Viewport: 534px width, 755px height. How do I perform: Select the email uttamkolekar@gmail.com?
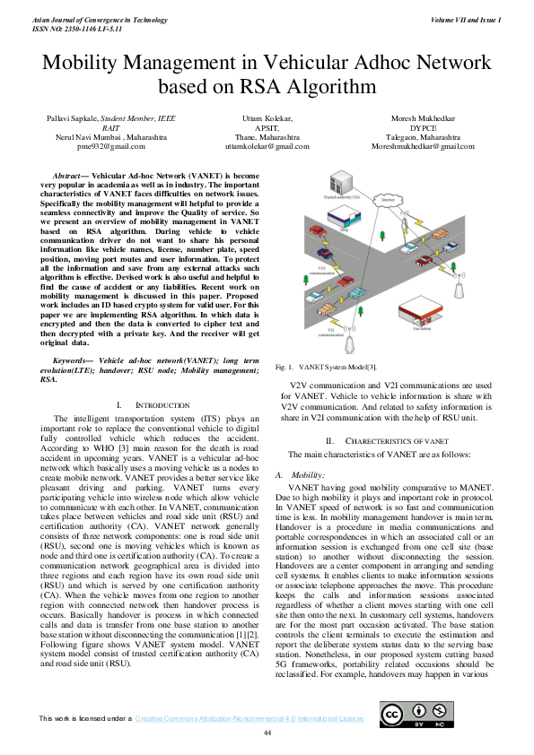[x=267, y=145]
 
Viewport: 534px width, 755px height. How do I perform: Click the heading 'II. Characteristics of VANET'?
[x=386, y=440]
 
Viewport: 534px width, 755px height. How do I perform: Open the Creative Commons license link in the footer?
[x=249, y=719]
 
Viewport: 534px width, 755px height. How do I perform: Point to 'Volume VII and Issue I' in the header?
[x=466, y=19]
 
